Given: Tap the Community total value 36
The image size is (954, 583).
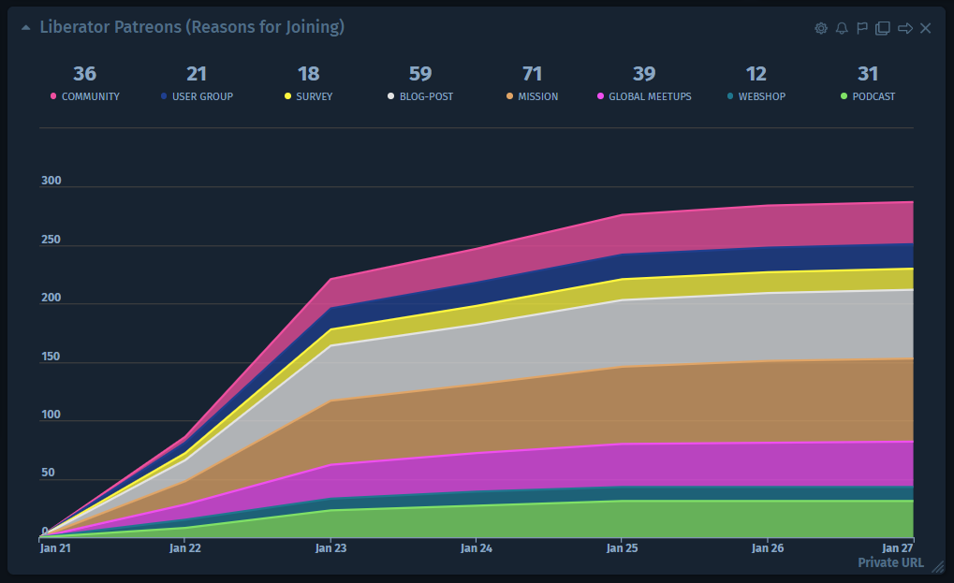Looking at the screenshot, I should [x=84, y=74].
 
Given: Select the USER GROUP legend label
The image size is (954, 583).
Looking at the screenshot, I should [x=202, y=96].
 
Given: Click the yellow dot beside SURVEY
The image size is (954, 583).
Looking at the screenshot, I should [x=287, y=96].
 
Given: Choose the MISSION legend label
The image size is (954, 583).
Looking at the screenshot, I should [x=537, y=96].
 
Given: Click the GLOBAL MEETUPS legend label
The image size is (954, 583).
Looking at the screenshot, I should [x=650, y=96].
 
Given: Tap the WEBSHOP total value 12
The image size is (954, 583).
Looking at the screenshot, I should [x=756, y=74].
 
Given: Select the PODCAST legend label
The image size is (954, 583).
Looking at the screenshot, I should [x=873, y=96].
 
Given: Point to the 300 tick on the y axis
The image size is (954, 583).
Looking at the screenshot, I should [x=51, y=182].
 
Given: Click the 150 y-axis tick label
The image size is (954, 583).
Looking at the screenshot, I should [x=51, y=357].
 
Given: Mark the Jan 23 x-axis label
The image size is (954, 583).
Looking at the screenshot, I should [x=330, y=548].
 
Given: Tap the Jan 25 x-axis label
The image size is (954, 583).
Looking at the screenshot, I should [x=622, y=548].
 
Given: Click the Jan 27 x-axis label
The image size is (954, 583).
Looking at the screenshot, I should [x=898, y=548].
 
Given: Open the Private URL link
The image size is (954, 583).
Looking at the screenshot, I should [x=890, y=562].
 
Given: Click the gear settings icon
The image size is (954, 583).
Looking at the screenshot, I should [x=821, y=28].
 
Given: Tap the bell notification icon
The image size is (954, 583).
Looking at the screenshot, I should [x=842, y=28].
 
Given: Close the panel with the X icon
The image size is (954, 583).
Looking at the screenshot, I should [x=925, y=28].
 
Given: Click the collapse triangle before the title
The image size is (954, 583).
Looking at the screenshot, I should [x=26, y=28].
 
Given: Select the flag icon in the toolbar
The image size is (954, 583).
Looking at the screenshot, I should [x=862, y=28].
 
